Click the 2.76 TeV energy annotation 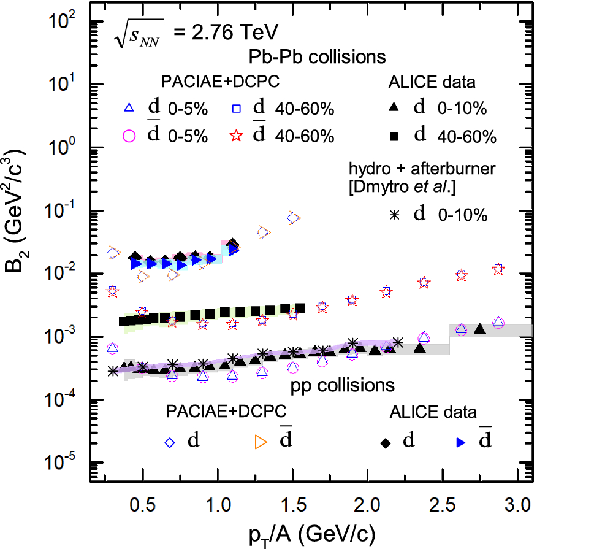click(194, 32)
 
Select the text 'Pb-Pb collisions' click(316, 57)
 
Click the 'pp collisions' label click(341, 385)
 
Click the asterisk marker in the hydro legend click(394, 214)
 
